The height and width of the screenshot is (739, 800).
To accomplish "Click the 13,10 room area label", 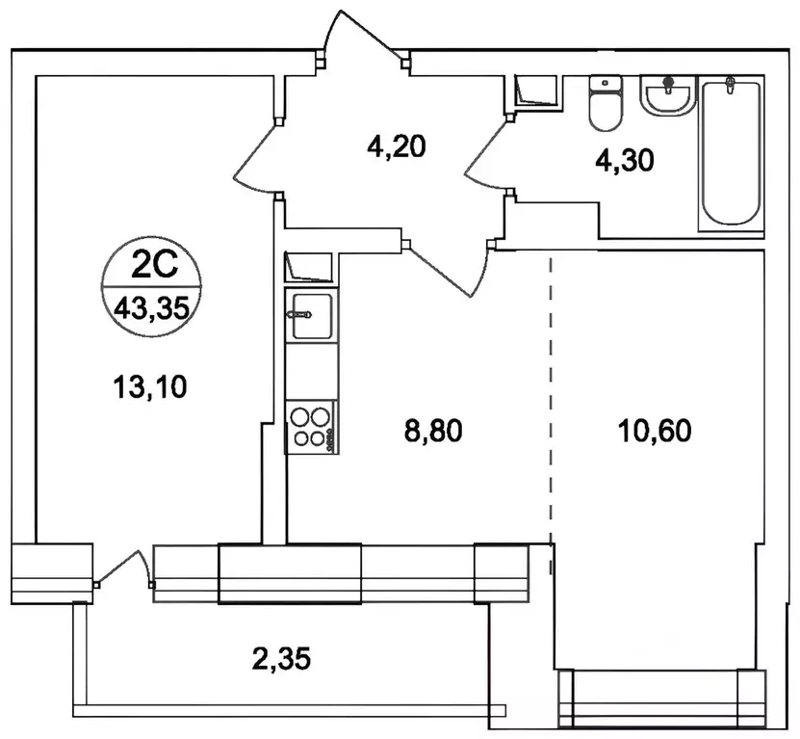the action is (x=150, y=386).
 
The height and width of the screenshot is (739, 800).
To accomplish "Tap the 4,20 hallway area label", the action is (x=397, y=147).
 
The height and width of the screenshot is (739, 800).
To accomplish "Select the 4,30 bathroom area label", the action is (x=625, y=161).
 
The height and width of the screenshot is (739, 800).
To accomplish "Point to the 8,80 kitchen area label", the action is (x=433, y=431).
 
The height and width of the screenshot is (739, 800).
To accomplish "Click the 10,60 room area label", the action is (x=655, y=431).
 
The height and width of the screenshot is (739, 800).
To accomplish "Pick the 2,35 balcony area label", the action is (x=281, y=658).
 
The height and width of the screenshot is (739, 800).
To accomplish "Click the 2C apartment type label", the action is (x=154, y=266).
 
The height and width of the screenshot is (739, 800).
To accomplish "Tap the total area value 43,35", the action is (x=152, y=308).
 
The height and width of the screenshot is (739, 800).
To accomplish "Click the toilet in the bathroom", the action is (x=606, y=104).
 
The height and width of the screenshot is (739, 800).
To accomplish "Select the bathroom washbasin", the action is (x=668, y=95).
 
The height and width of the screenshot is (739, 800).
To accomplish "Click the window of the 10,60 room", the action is (x=662, y=698).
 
